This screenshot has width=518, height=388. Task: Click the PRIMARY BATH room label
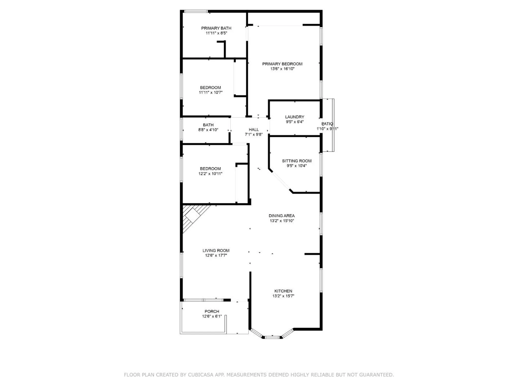216,28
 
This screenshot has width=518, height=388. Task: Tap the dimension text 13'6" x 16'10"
282,69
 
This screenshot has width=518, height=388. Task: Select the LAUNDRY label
294,117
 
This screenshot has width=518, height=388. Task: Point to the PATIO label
327,124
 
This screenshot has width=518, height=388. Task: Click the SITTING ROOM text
297,161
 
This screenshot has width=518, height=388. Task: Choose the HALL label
254,130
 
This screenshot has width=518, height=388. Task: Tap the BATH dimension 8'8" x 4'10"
208,130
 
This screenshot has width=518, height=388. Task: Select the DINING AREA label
282,216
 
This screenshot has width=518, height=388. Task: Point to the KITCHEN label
283,291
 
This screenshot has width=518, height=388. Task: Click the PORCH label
212,311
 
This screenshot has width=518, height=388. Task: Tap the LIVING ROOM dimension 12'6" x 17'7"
216,255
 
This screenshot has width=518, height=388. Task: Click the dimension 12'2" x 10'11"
210,174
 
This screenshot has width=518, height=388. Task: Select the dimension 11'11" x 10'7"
211,92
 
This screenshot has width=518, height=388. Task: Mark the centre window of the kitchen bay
272,337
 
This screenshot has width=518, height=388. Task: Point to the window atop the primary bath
196,11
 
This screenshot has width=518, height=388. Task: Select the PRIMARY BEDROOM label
282,64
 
